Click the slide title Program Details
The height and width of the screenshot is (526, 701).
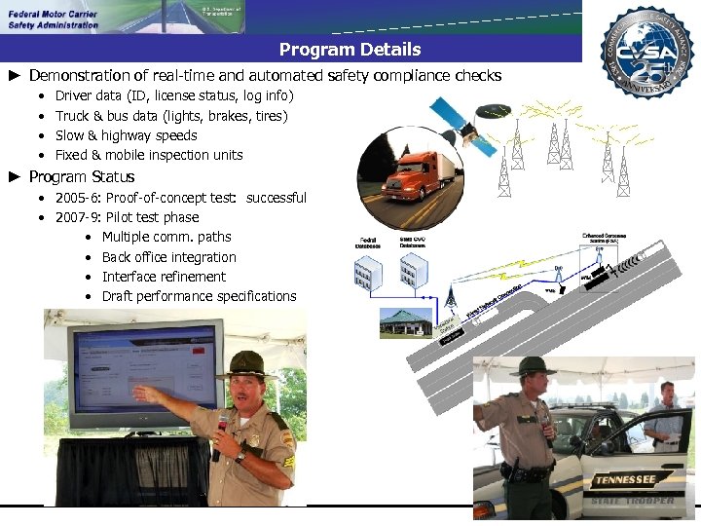(350, 50)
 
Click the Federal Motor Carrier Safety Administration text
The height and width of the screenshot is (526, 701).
(54, 19)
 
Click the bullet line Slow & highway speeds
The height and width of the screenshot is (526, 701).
(126, 135)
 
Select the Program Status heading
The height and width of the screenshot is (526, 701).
(82, 176)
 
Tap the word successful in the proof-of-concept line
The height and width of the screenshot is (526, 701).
(277, 198)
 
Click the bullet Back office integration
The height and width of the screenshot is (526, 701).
(168, 257)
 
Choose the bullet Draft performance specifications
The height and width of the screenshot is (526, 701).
(199, 296)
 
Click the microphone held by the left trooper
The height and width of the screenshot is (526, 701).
(221, 429)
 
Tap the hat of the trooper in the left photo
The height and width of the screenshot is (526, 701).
(245, 362)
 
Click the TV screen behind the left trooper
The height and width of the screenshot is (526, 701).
(144, 370)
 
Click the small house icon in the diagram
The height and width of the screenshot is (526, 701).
(406, 322)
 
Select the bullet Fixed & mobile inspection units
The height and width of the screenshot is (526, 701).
(149, 155)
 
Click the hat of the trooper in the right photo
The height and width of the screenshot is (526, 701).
(533, 367)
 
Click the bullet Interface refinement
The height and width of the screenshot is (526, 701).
(164, 277)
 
